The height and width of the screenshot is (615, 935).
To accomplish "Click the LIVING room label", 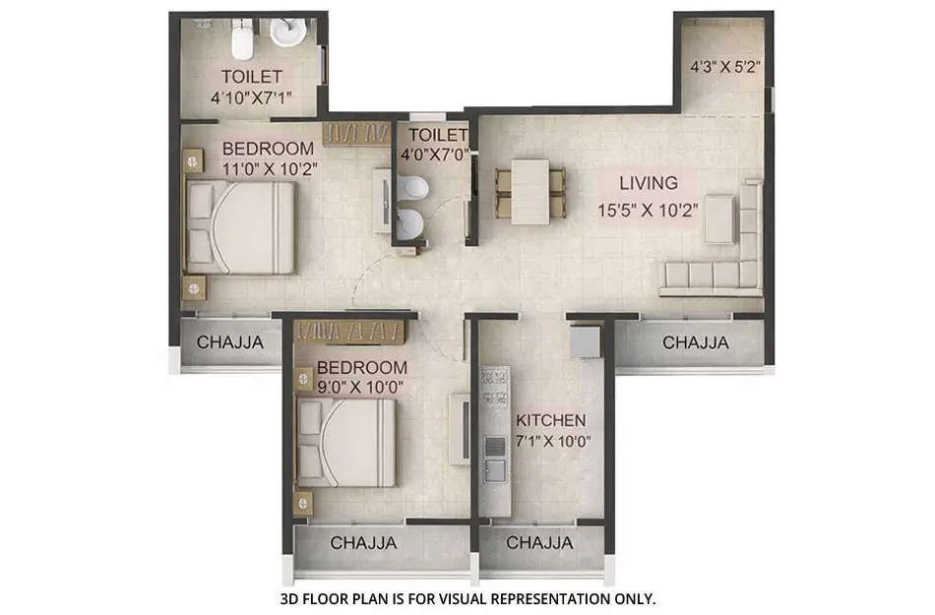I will [x=648, y=182].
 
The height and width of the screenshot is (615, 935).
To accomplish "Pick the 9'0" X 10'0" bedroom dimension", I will [x=360, y=388].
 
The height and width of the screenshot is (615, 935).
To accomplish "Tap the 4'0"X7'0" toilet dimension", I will [x=431, y=154].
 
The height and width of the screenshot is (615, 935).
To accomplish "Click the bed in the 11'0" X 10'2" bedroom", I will [x=241, y=227].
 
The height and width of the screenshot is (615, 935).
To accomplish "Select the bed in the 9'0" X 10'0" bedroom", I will [x=345, y=444].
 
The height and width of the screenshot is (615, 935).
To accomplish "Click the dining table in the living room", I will [x=531, y=191].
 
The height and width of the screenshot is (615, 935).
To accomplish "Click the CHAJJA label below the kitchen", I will [x=539, y=543].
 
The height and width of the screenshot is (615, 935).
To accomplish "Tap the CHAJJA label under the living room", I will [x=695, y=343].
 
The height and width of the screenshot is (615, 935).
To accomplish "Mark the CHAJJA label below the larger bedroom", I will [x=229, y=343].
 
